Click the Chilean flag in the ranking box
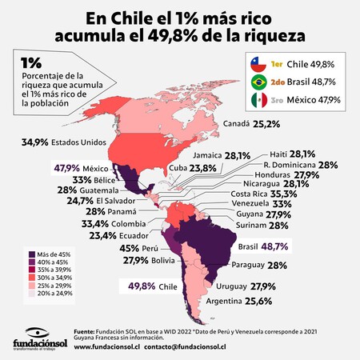(259, 63)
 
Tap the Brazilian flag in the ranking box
(259, 82)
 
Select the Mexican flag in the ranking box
(259, 100)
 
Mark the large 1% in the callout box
(31, 62)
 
